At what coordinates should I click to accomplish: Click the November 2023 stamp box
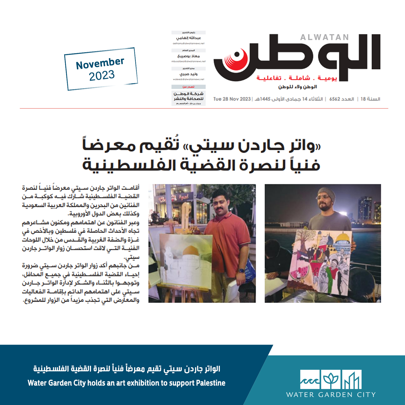(x=101, y=69)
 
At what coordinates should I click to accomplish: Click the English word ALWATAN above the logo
(x=324, y=38)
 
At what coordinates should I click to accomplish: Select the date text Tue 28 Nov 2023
(x=232, y=99)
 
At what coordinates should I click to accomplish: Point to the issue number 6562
(x=335, y=99)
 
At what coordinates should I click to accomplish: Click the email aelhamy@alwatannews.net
(x=188, y=43)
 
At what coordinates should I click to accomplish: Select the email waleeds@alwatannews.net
(x=188, y=79)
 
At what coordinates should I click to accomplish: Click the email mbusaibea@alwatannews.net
(x=188, y=61)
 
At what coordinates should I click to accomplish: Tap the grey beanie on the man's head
(x=326, y=193)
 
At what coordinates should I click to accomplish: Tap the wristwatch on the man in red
(x=241, y=271)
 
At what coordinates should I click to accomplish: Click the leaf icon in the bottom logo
(x=331, y=380)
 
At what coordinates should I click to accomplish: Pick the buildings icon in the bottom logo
(x=352, y=380)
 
